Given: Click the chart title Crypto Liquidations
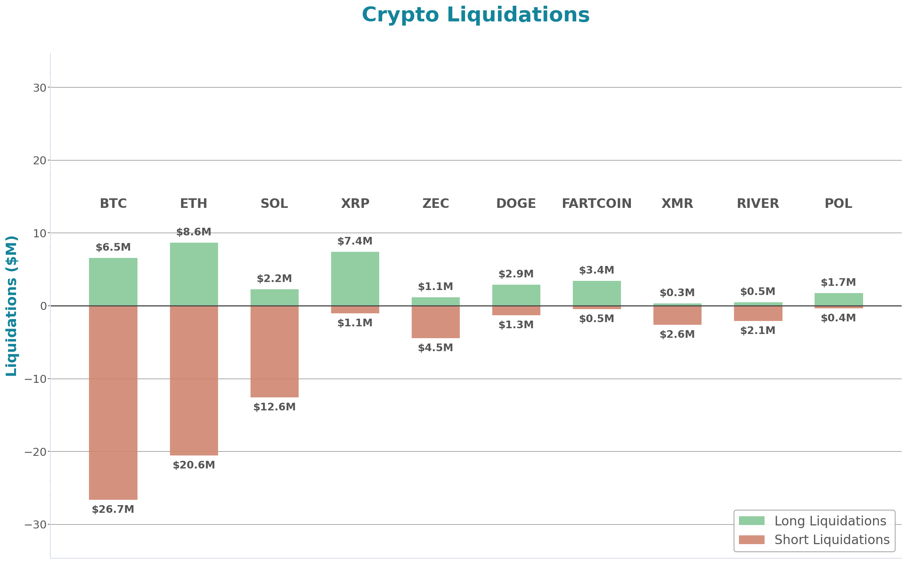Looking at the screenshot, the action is pyautogui.click(x=475, y=15).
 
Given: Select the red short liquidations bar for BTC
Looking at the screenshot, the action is pyautogui.click(x=113, y=402).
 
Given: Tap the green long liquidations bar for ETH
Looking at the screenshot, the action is pyautogui.click(x=194, y=274).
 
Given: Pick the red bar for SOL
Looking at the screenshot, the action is pyautogui.click(x=274, y=352).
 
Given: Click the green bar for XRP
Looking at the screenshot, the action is pyautogui.click(x=355, y=279).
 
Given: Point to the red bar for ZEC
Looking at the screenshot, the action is pyautogui.click(x=435, y=322).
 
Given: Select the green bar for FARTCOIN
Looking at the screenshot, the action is pyautogui.click(x=597, y=293).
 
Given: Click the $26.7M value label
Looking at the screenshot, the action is pyautogui.click(x=113, y=509).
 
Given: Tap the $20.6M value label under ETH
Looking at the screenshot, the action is pyautogui.click(x=194, y=465).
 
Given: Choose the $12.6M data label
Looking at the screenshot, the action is pyautogui.click(x=274, y=407).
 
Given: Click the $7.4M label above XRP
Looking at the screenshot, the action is pyautogui.click(x=355, y=241).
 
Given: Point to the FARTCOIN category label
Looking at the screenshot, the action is pyautogui.click(x=597, y=203).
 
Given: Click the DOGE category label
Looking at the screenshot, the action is pyautogui.click(x=516, y=203).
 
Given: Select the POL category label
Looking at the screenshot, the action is pyautogui.click(x=838, y=203).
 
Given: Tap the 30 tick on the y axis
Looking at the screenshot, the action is pyautogui.click(x=39, y=88).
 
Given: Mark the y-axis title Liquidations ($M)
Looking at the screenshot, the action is pyautogui.click(x=11, y=306).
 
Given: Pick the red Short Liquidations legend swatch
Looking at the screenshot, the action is pyautogui.click(x=751, y=540).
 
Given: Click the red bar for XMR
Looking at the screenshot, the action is pyautogui.click(x=677, y=315).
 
